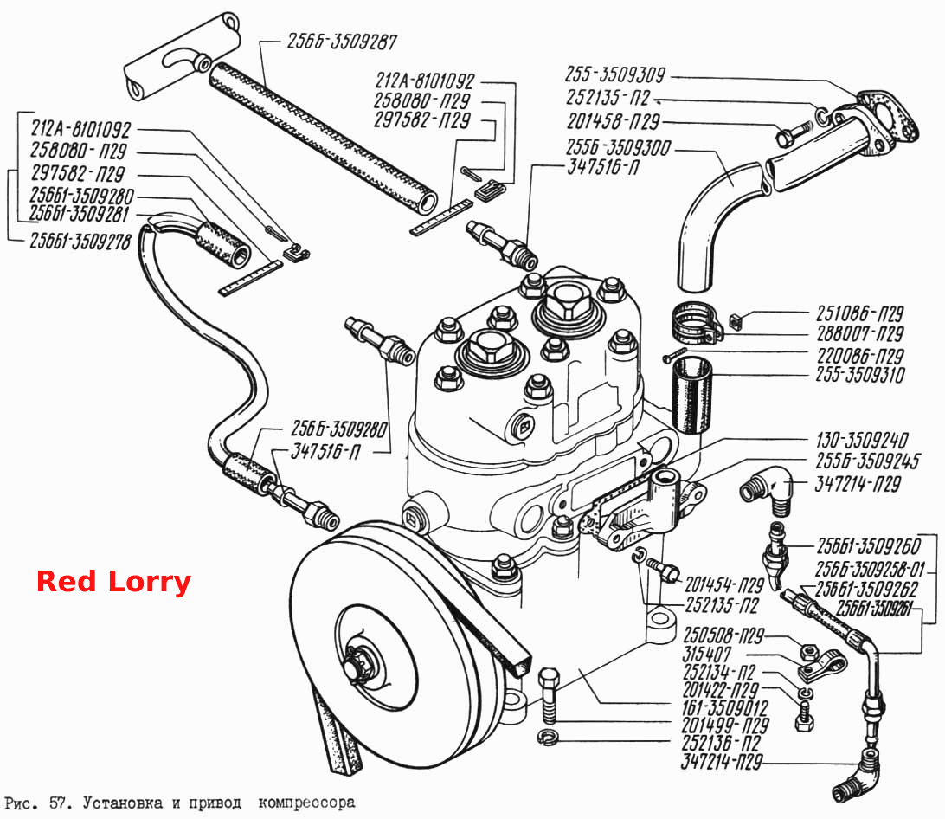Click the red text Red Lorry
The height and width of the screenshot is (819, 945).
(x=113, y=582)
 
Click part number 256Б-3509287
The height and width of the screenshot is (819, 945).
(x=342, y=42)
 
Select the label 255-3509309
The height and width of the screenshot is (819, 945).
(x=614, y=74)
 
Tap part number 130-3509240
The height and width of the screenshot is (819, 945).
(x=862, y=440)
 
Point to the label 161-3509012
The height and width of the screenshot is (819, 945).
(x=724, y=707)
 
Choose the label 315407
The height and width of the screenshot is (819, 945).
(x=706, y=654)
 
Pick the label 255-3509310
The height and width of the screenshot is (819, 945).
(x=860, y=375)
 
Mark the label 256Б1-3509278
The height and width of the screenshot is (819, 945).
(x=80, y=242)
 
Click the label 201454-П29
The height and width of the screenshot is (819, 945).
(x=724, y=584)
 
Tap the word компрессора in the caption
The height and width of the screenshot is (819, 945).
(x=306, y=803)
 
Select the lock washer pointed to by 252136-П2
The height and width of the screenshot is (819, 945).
(x=548, y=738)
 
